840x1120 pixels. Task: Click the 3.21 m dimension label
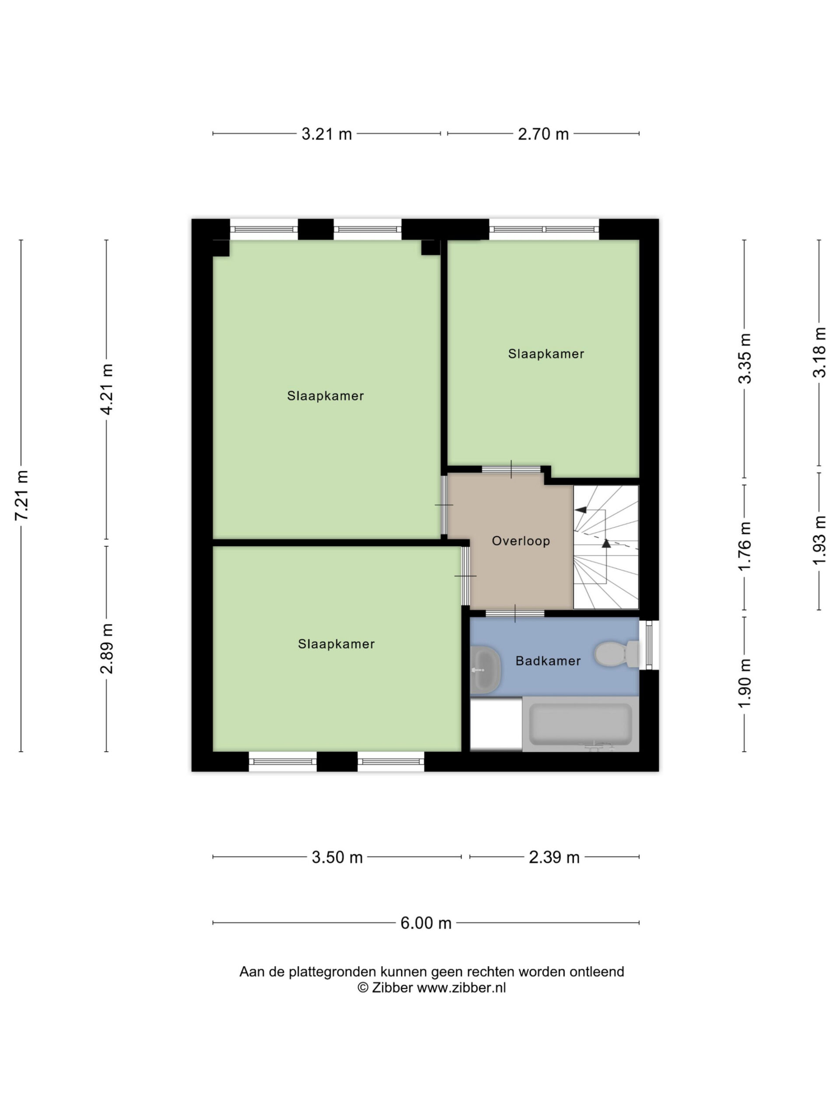click(326, 134)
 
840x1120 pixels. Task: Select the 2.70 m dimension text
click(543, 134)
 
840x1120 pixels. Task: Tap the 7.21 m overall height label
click(22, 495)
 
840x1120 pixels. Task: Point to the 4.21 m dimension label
click(107, 389)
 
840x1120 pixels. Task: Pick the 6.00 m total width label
click(426, 923)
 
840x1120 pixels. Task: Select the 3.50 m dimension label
click(337, 857)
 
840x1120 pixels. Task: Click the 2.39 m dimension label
click(554, 857)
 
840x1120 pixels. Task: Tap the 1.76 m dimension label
click(745, 546)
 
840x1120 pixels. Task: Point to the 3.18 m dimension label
click(820, 352)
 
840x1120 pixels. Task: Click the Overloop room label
click(521, 541)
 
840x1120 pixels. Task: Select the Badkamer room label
click(548, 661)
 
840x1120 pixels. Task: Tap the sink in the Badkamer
click(486, 670)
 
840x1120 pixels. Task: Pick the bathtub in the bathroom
click(580, 724)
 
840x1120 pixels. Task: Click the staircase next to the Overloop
click(606, 547)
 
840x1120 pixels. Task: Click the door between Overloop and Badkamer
click(515, 613)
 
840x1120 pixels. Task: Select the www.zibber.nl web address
click(461, 988)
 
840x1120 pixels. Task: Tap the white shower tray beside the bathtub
click(496, 724)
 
